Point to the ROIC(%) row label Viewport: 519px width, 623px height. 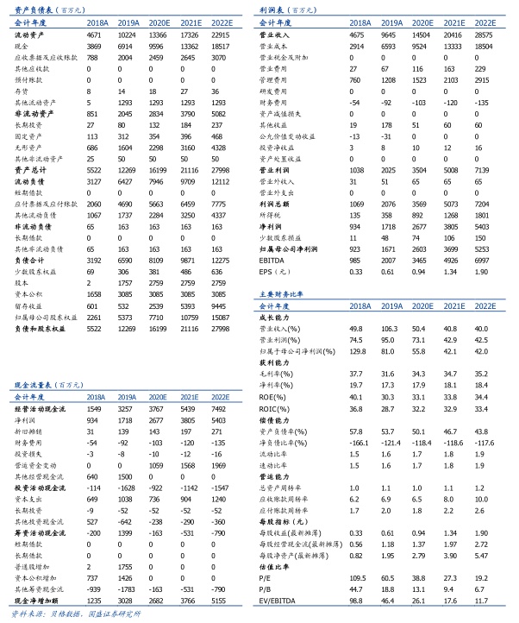coord(278,407)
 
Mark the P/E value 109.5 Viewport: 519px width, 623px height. coord(354,576)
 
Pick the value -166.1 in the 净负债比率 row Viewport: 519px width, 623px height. coord(354,442)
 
